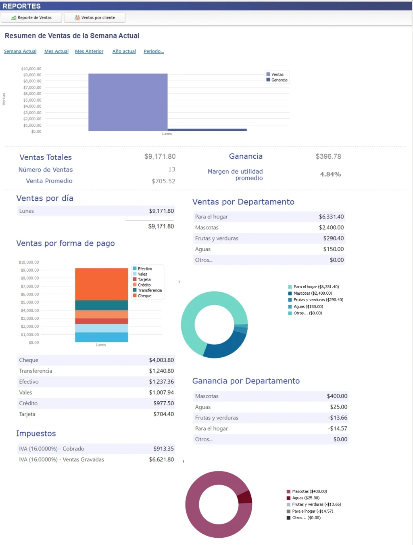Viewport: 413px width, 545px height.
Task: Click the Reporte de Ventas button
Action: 31,18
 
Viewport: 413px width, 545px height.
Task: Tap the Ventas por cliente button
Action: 95,18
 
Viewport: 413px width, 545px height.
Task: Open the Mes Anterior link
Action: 89,51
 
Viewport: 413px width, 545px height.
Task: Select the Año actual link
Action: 124,51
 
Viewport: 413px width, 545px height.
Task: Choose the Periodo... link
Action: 153,51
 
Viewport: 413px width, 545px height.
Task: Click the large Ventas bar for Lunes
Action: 128,102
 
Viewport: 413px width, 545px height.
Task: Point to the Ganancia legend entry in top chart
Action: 279,80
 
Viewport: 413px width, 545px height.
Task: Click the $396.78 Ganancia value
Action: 328,156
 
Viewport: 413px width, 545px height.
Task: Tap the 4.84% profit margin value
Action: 330,174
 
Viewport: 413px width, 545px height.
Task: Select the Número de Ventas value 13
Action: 171,170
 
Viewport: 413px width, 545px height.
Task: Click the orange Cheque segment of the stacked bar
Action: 101,284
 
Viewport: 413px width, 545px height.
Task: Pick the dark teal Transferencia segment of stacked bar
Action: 101,305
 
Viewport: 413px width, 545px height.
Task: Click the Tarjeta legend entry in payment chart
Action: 144,279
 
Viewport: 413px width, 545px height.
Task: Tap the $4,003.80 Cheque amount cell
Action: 161,360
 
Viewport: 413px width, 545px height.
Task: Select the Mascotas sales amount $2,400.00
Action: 331,228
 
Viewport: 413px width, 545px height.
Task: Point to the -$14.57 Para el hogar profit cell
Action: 337,429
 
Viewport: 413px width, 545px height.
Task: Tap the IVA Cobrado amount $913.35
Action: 163,449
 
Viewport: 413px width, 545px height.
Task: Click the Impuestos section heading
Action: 36,434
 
